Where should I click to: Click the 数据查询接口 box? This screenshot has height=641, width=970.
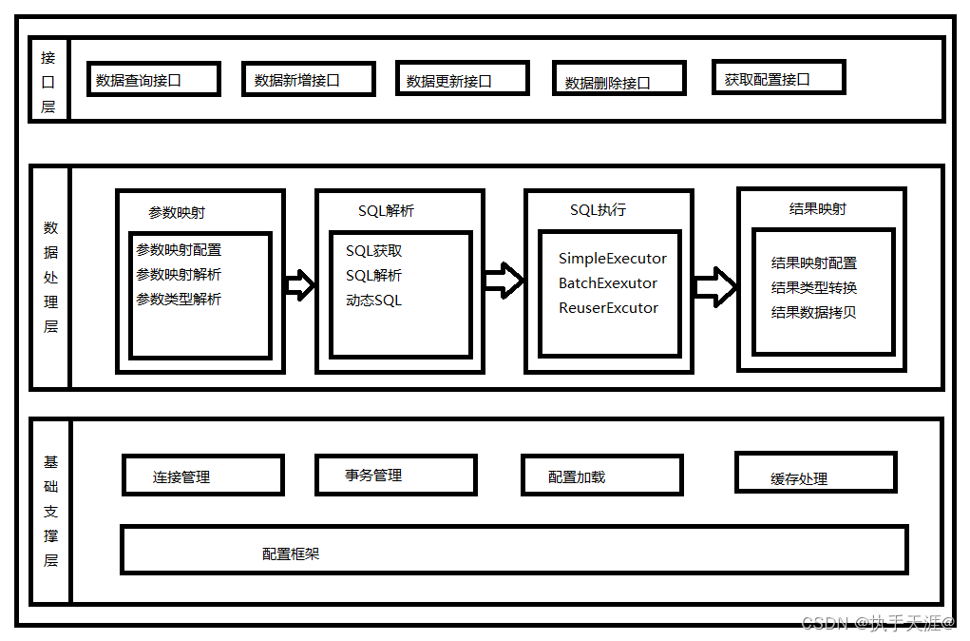click(153, 80)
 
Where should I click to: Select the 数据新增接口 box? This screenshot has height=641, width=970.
click(308, 80)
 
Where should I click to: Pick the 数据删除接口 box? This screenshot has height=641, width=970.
click(618, 81)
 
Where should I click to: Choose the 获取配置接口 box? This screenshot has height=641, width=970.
click(777, 78)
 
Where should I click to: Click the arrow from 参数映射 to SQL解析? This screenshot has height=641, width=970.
click(299, 284)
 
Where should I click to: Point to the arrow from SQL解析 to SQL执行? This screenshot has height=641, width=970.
click(504, 281)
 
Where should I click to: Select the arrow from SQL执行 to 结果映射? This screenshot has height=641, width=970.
click(714, 286)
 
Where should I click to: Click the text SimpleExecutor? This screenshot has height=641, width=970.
click(612, 259)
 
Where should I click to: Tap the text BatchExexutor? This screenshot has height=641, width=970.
click(607, 283)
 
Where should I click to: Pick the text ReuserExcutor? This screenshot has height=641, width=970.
click(608, 308)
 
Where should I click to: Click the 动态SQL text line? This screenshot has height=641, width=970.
click(373, 301)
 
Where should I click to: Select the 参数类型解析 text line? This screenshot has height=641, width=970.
click(179, 300)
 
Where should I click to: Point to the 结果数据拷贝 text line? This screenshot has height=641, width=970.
click(813, 312)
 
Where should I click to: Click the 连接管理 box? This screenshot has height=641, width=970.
click(202, 476)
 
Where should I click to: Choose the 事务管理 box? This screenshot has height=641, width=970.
click(395, 475)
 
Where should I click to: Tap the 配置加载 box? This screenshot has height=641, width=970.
click(601, 476)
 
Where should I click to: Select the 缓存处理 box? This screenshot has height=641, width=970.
click(815, 473)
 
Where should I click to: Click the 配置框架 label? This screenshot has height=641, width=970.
click(291, 554)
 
